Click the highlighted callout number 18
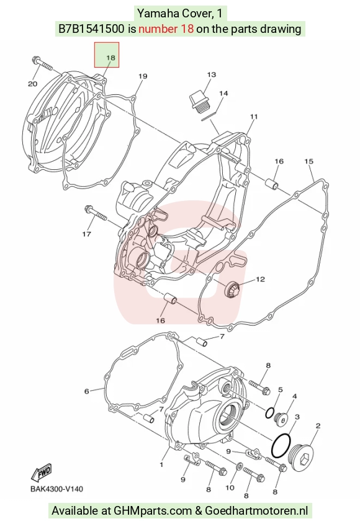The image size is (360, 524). click(x=110, y=58)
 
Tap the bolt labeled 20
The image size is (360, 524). click(x=42, y=63)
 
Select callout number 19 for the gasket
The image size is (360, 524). click(x=143, y=76)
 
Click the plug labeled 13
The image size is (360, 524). click(x=199, y=100)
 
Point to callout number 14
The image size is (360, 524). click(x=223, y=93)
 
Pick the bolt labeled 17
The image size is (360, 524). click(x=96, y=213)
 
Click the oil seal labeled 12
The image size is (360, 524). click(x=232, y=289)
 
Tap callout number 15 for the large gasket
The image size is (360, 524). click(x=309, y=161)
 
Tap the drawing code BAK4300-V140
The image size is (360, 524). click(x=57, y=489)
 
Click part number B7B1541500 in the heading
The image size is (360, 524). click(x=91, y=29)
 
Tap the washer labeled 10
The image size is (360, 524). click(x=240, y=466)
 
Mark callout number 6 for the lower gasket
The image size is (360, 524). click(x=87, y=391)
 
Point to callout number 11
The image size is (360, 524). click(x=254, y=117)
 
